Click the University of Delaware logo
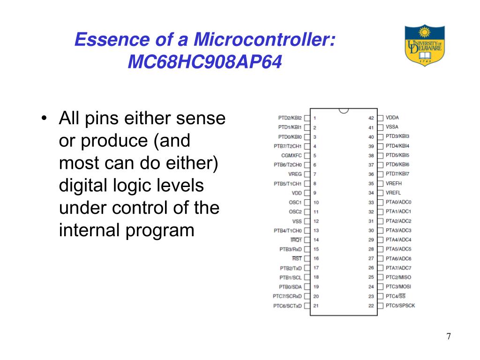424,45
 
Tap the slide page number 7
449,337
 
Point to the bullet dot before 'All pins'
44,119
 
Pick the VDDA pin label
392,118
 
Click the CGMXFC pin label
291,155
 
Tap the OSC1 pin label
295,202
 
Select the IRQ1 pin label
296,240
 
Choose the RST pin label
297,259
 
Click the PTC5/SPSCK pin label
400,306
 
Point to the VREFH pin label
393,183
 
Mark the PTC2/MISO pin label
398,277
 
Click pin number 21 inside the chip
316,306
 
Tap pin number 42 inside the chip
371,118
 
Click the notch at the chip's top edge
344,111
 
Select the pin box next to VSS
307,221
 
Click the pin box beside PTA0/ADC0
380,202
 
